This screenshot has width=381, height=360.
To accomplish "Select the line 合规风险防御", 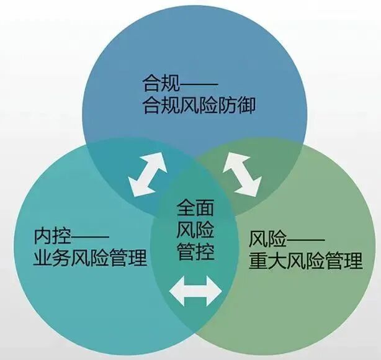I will [x=198, y=105].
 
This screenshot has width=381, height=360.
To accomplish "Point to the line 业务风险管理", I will [x=90, y=258].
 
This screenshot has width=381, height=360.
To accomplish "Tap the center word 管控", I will [x=196, y=253].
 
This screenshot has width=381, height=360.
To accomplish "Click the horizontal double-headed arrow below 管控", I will [x=196, y=290].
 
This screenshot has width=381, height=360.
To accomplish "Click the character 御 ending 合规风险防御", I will [x=246, y=105].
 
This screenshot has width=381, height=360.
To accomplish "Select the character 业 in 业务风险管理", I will [x=43, y=258].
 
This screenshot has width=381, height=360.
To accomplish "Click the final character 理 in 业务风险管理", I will [x=138, y=258].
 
